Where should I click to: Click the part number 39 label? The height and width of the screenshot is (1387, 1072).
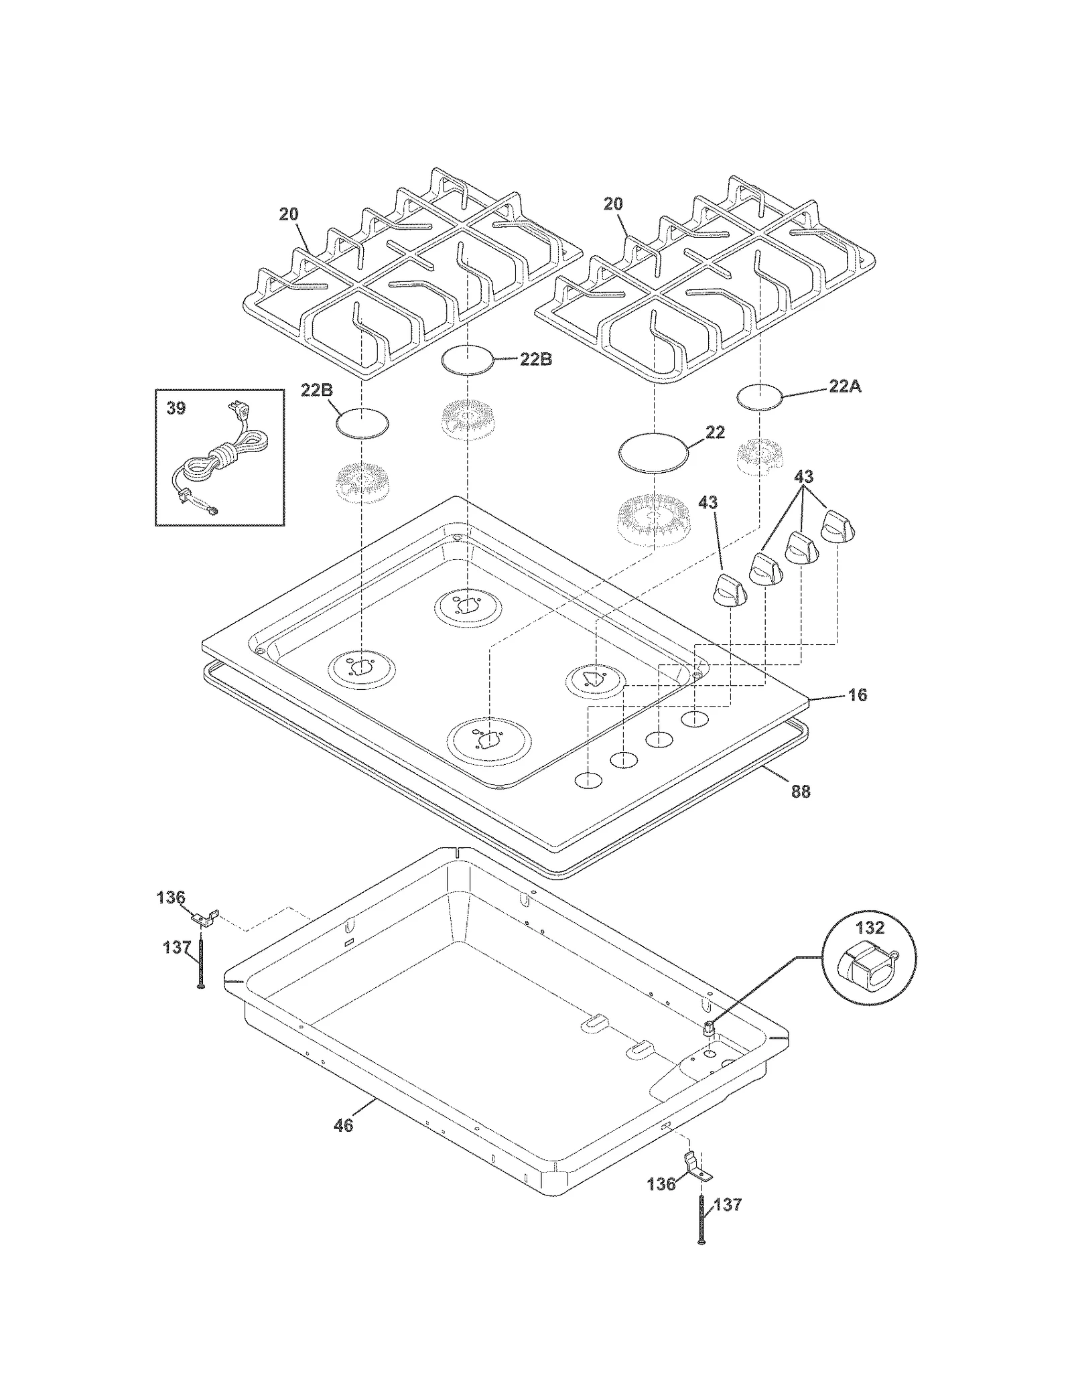(176, 408)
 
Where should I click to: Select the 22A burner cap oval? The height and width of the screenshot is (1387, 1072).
(760, 396)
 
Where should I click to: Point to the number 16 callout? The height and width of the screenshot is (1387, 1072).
(858, 695)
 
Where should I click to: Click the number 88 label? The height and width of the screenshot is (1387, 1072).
(801, 792)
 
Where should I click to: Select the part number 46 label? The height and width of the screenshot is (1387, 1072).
(343, 1125)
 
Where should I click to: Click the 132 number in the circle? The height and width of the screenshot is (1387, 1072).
(870, 928)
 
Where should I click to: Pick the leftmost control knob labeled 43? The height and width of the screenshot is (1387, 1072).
(727, 590)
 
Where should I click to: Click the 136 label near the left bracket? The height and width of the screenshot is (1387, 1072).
(171, 897)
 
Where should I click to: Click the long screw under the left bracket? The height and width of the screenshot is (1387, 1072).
(200, 964)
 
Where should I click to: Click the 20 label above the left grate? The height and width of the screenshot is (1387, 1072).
(289, 214)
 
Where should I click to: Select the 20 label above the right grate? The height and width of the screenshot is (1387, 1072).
(613, 204)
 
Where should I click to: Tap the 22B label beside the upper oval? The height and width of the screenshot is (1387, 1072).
(536, 360)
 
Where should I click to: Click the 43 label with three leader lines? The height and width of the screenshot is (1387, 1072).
(803, 477)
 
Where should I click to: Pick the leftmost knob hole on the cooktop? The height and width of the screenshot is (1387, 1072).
(588, 780)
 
